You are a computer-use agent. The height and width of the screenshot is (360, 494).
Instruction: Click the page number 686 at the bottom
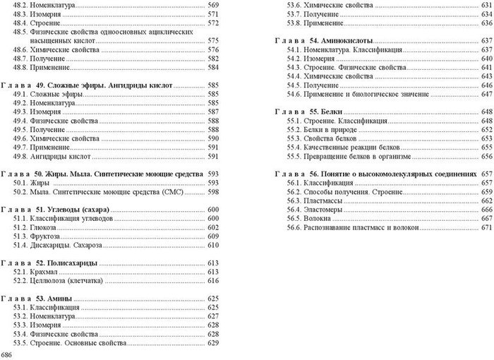tap(7, 353)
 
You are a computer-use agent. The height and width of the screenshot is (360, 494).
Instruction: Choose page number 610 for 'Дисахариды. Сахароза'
tap(215, 246)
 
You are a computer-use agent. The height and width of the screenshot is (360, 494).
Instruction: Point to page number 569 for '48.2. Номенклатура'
tap(215, 5)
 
